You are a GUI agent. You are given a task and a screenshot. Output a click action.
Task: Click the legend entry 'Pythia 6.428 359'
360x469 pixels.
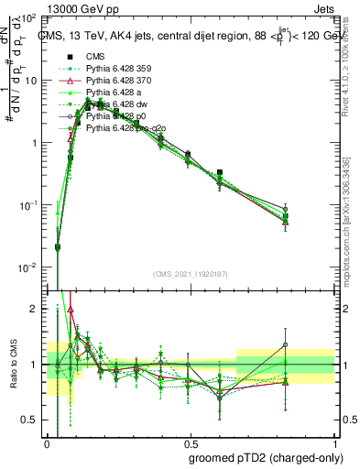pos(115,69)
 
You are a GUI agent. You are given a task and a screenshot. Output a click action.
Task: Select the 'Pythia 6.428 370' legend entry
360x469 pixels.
pos(115,81)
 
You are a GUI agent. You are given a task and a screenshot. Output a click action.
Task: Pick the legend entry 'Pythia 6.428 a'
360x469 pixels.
pos(110,93)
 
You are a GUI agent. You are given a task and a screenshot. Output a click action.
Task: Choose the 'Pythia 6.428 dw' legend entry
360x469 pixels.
pos(112,104)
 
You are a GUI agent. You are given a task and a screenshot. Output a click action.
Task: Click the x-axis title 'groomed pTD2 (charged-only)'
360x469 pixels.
pos(266,458)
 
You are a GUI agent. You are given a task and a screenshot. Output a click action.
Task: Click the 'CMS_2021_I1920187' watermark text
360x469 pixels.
pos(190,276)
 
